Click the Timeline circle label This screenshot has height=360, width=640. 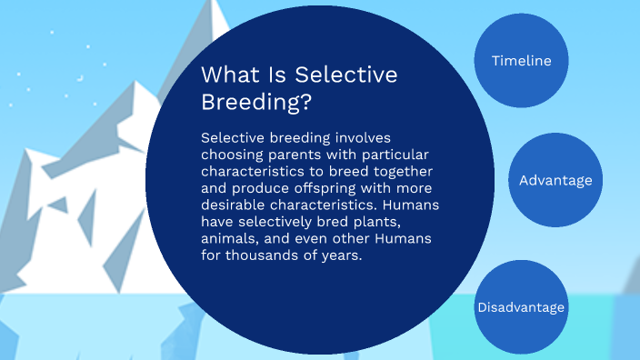pos(522,61)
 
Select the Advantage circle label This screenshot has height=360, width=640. pos(555,180)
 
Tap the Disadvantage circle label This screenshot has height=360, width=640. pos(521,307)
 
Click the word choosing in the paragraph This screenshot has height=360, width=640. pos(232,155)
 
